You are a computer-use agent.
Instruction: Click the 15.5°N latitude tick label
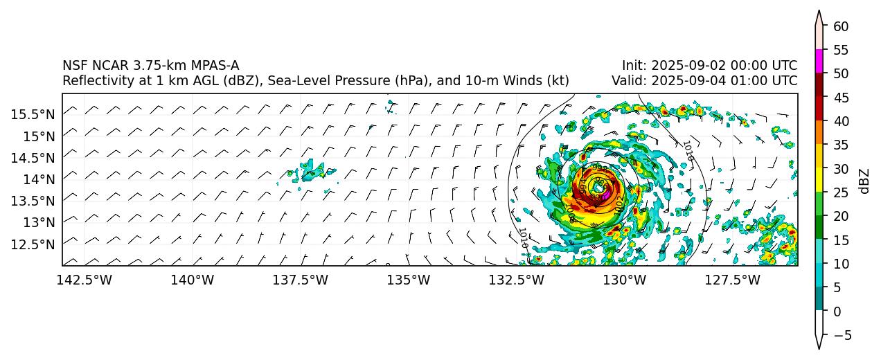33,114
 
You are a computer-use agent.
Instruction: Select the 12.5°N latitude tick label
33,244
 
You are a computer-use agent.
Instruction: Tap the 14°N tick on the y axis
37,179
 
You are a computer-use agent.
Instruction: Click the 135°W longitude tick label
409,280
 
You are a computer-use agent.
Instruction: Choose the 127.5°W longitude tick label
733,280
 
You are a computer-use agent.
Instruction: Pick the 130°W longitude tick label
625,280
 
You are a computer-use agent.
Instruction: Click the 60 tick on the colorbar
841,26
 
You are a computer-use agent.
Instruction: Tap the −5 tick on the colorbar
841,335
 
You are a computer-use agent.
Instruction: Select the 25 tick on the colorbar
841,192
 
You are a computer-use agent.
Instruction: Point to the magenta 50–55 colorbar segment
819,61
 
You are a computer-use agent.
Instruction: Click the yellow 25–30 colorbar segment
819,180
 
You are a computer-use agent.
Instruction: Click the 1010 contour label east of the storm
687,150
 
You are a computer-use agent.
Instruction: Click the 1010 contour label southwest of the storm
523,237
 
